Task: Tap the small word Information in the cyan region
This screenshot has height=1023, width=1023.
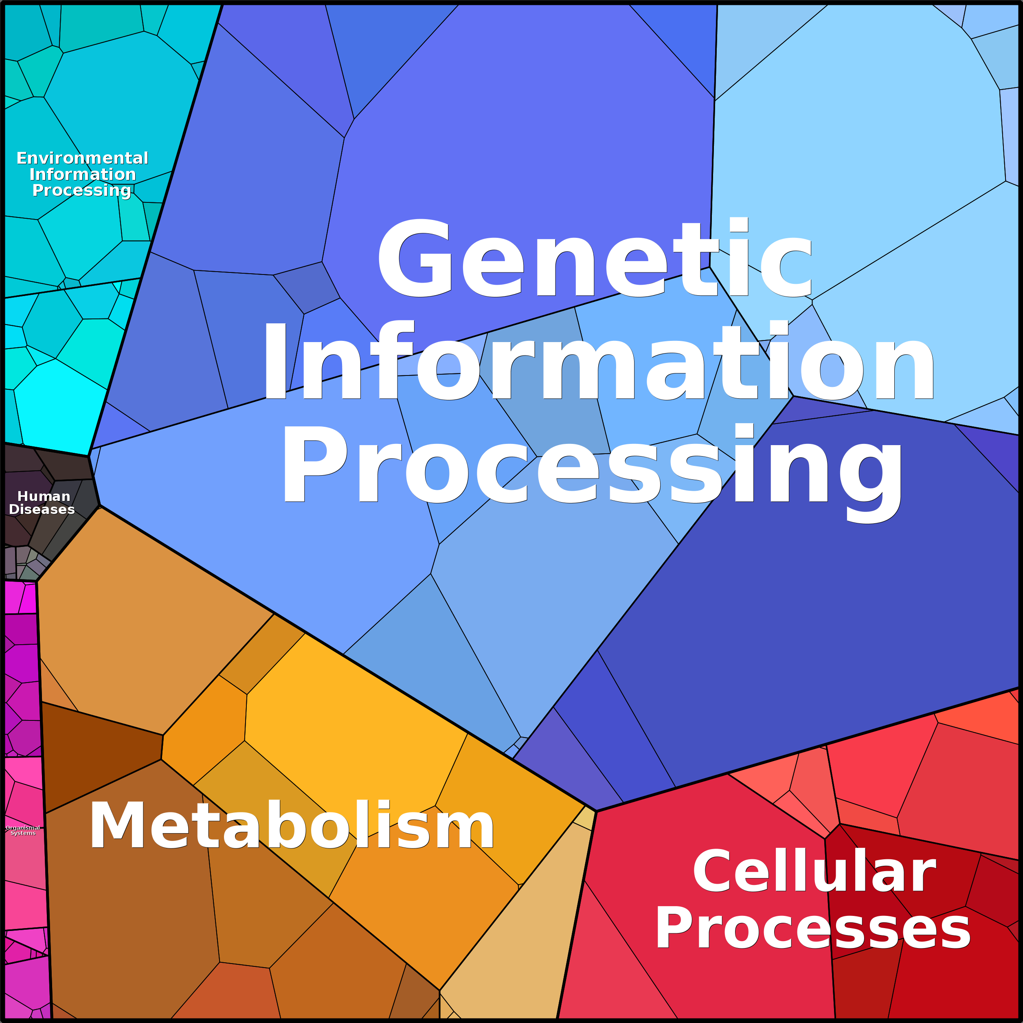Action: click(x=82, y=174)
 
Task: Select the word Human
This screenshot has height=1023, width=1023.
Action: click(x=44, y=496)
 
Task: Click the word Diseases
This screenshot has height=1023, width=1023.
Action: click(x=42, y=509)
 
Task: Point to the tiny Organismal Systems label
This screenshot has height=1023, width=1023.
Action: click(x=23, y=830)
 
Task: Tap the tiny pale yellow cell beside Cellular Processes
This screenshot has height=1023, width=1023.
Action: click(x=584, y=819)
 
